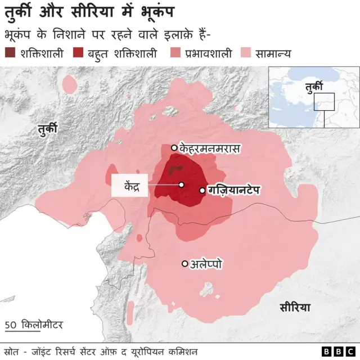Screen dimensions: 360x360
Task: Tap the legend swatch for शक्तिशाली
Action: click(11, 53)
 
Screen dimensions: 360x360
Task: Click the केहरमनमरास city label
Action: click(210, 148)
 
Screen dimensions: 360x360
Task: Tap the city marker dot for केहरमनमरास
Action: click(174, 148)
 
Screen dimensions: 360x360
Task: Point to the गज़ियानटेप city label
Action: click(233, 190)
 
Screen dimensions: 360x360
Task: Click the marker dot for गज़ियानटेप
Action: click(202, 191)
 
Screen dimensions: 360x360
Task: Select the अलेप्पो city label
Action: click(206, 263)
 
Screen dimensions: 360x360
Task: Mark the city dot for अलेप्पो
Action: click(184, 263)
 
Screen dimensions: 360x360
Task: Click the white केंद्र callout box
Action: click(129, 186)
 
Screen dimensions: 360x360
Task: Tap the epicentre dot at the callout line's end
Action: click(181, 184)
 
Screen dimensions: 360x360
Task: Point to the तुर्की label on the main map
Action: click(48, 129)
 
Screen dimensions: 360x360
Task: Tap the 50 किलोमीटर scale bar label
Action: click(34, 325)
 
